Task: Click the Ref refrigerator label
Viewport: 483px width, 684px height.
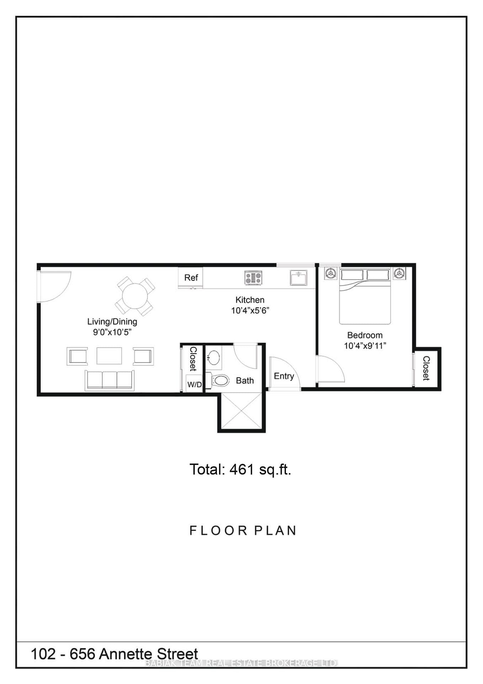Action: coord(191,278)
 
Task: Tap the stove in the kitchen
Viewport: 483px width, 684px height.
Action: coord(253,278)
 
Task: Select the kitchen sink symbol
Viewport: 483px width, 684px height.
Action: coord(298,278)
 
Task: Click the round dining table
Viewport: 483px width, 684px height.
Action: coord(135,296)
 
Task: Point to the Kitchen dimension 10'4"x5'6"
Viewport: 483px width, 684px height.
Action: coord(250,311)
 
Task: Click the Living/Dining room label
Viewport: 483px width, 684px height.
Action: coord(112,322)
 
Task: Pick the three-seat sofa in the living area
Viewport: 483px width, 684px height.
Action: coord(110,380)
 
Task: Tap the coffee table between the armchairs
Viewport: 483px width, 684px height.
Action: coord(109,356)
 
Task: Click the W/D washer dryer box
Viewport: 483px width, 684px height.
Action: coord(194,384)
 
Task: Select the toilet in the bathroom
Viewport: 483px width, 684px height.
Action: coord(220,380)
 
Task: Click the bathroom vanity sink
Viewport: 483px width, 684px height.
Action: coord(214,357)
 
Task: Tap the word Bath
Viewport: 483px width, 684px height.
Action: coord(245,381)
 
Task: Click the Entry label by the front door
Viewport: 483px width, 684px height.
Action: coord(284,376)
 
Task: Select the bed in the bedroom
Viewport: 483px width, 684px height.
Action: coord(365,297)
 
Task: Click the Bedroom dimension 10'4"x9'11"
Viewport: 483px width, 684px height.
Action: coord(365,346)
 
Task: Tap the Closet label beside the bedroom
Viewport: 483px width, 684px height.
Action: coord(426,368)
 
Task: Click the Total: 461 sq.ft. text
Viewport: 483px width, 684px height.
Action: coord(240,470)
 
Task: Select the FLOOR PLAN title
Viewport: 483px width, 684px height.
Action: coord(243,530)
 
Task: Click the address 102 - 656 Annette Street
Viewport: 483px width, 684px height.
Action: coord(115,654)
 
